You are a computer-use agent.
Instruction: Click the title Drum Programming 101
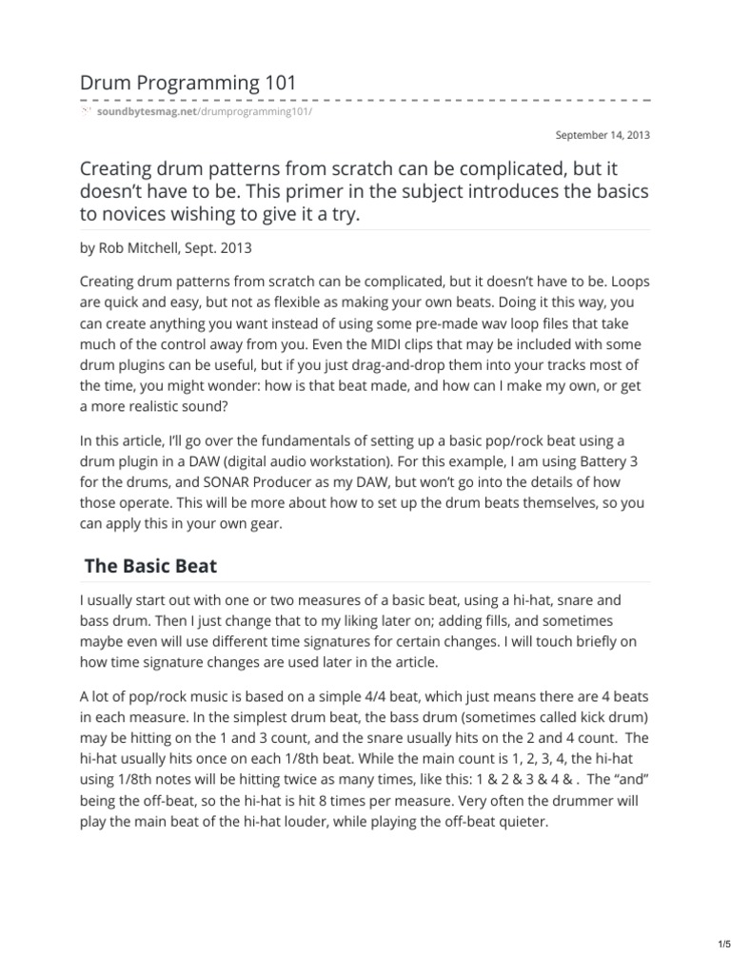[x=188, y=83]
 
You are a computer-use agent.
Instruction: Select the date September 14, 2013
[x=603, y=135]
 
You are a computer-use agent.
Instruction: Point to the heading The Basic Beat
[x=150, y=566]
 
